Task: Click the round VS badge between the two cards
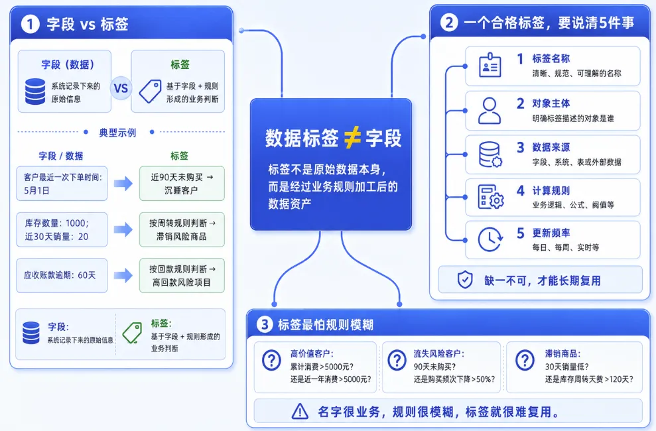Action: coord(121,88)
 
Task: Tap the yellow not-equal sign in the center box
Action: coord(352,137)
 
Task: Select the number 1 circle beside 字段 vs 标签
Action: coord(30,24)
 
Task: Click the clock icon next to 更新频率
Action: coord(490,239)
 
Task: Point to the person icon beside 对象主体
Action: coord(490,111)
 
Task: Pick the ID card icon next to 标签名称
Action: coord(490,65)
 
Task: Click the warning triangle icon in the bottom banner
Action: coord(300,411)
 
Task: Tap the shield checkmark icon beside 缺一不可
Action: coord(465,280)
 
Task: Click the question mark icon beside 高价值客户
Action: coord(271,360)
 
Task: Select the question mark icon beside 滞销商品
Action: coord(525,359)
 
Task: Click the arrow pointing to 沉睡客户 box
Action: coord(123,183)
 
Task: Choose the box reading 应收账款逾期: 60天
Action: coord(62,275)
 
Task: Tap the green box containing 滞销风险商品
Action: coord(182,229)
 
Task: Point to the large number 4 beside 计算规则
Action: coord(521,190)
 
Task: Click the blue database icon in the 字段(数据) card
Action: coord(35,91)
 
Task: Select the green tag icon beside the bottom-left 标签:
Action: coord(132,333)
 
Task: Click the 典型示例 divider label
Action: coord(117,133)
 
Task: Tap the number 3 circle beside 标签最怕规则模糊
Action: coord(265,324)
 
